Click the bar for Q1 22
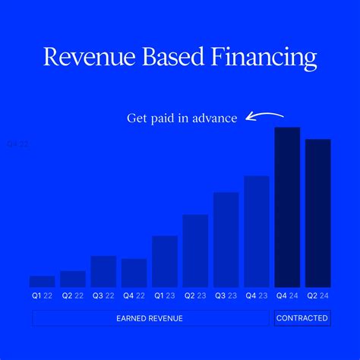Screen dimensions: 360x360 [x=42, y=281]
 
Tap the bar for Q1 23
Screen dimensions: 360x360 [x=165, y=261]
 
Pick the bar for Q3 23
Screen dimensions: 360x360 [x=226, y=239]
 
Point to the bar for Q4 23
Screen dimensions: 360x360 [x=257, y=231]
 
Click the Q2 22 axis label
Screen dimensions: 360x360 [x=73, y=295]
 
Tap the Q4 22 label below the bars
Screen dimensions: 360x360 [x=134, y=295]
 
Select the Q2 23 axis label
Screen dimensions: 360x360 [x=195, y=295]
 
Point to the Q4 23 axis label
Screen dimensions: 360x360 [x=257, y=295]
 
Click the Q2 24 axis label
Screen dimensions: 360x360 [x=317, y=295]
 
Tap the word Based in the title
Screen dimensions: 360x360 [x=166, y=57]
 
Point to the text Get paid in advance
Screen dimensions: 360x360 [x=182, y=118]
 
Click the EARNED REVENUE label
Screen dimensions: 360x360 [x=150, y=318]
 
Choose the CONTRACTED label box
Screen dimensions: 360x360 [x=302, y=318]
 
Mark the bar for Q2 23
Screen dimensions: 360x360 [x=195, y=251]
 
